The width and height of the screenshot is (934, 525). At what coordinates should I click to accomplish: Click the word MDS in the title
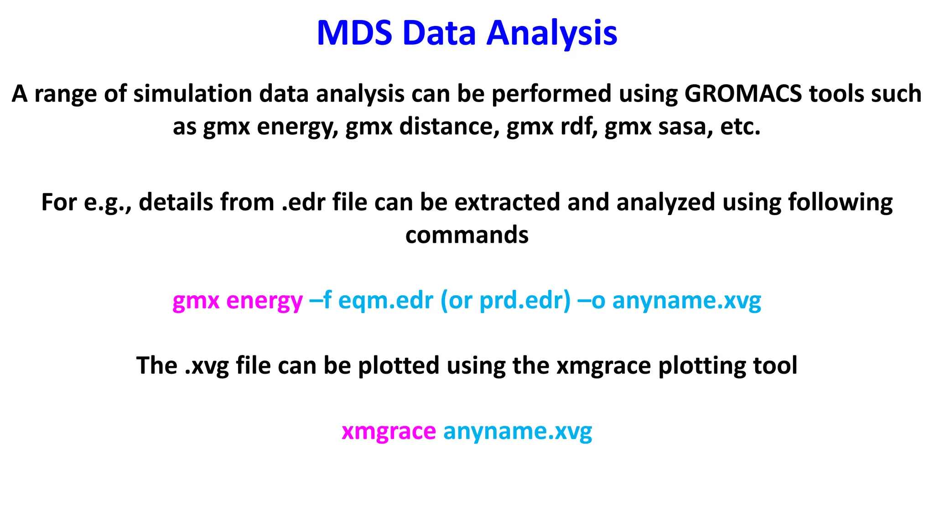click(x=354, y=33)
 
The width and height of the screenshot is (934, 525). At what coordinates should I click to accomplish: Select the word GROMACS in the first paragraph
click(x=743, y=94)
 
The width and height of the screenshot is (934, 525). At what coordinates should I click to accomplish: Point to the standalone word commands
click(x=467, y=235)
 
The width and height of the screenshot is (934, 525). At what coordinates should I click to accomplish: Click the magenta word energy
click(x=264, y=301)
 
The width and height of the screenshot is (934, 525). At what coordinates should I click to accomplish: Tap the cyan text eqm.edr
click(x=385, y=301)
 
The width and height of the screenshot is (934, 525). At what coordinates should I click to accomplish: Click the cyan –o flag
click(x=591, y=301)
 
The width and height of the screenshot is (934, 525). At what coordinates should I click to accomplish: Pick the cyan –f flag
click(x=320, y=301)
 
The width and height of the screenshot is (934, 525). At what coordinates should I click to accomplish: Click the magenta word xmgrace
click(x=389, y=431)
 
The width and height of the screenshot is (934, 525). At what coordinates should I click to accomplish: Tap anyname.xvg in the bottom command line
click(x=518, y=431)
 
